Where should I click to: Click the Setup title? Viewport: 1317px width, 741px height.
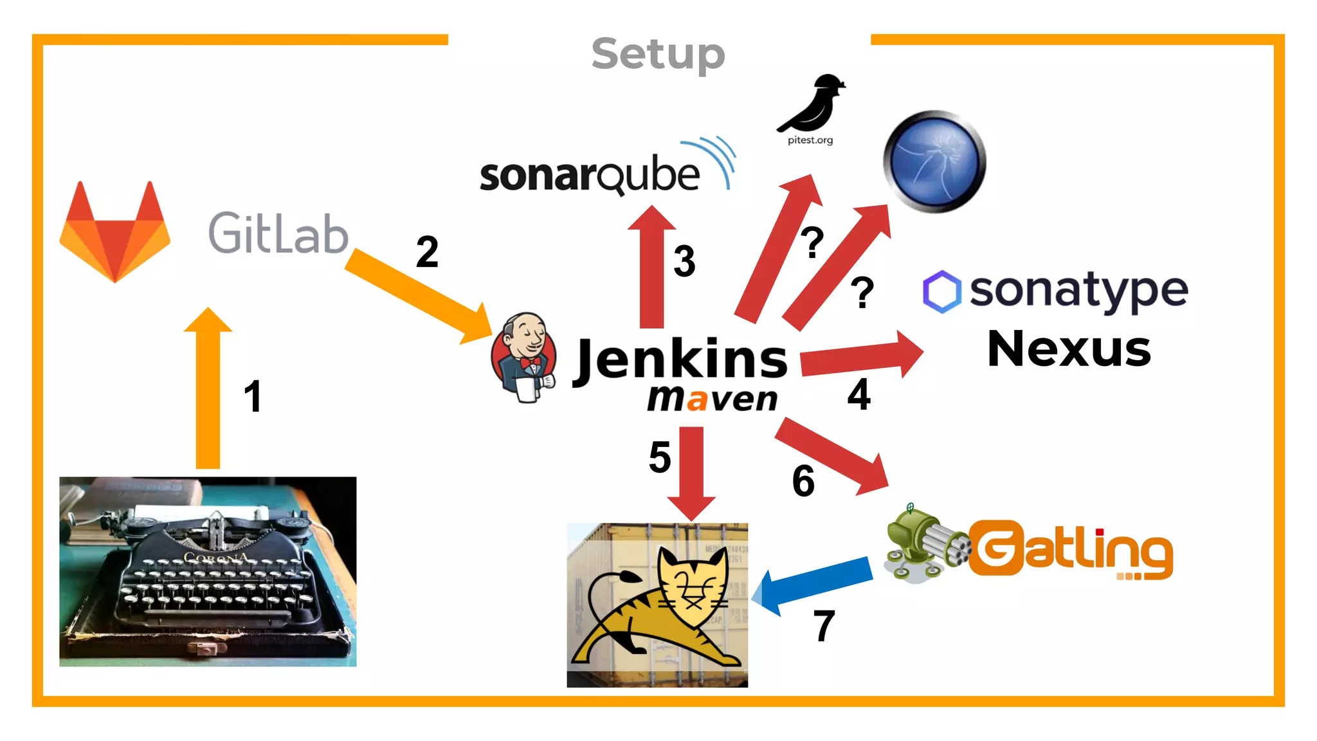658,54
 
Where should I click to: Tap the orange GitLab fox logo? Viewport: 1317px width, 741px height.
115,233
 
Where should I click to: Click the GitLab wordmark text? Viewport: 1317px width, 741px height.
278,233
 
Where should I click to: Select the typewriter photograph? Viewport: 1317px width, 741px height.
208,571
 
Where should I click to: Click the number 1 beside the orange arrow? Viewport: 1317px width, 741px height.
253,396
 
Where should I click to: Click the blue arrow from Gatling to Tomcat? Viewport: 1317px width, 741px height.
813,585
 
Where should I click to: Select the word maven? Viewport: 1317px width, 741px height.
713,399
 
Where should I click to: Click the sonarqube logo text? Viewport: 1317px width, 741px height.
589,175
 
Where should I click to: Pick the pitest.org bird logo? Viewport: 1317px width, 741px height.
812,106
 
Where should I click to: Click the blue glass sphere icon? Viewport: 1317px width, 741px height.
934,161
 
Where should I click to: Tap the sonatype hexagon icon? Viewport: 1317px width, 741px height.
942,291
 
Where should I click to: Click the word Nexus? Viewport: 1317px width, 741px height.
1069,349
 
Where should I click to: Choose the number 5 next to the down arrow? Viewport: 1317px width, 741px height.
660,457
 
